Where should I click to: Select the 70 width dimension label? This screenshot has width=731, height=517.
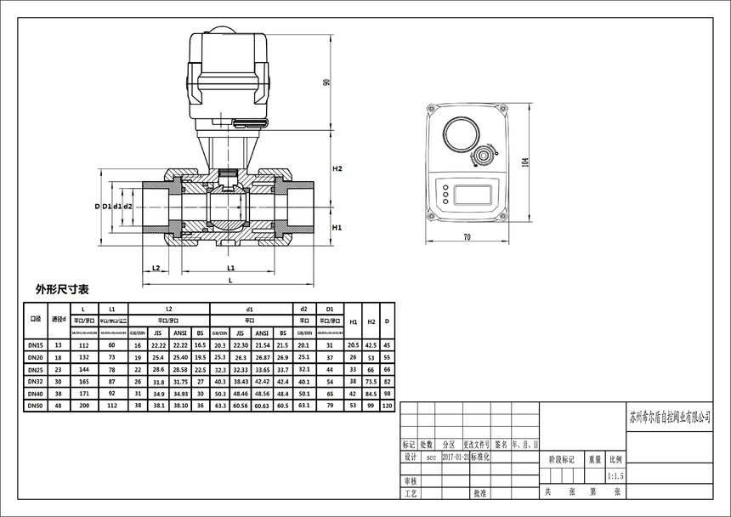467,237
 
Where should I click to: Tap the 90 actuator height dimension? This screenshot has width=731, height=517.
327,82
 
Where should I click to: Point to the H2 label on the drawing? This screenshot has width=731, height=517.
337,169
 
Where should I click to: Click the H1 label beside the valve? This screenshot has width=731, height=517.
337,228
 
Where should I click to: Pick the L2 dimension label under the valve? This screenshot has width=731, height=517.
156,268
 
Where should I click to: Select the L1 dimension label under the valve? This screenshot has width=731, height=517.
230,268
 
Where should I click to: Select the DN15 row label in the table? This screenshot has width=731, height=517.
36,345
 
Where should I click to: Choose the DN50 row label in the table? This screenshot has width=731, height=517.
36,406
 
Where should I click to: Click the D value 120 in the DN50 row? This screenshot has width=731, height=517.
388,406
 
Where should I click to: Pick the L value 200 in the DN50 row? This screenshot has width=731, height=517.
82,406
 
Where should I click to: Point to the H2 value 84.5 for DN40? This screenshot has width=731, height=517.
371,395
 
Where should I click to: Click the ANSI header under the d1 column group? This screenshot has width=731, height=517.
262,332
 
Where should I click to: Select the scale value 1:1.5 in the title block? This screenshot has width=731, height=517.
616,477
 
